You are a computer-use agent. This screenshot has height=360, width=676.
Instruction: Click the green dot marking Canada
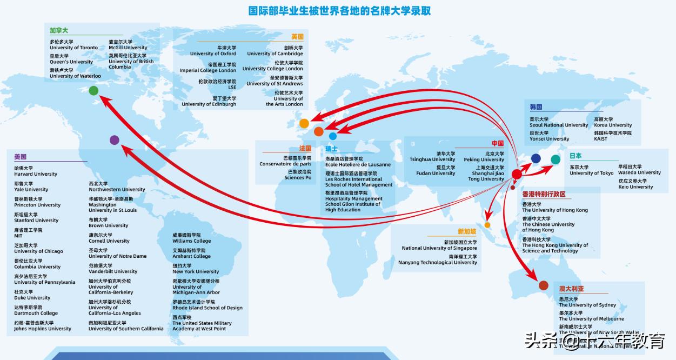[93, 91]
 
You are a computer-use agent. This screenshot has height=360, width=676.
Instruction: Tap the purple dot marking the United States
[115, 140]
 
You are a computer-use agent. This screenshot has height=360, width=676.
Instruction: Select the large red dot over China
[517, 174]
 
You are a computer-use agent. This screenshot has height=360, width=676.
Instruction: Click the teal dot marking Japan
[555, 159]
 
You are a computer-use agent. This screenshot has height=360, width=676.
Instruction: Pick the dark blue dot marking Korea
[536, 158]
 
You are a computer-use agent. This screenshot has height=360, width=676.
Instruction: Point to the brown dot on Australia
[544, 285]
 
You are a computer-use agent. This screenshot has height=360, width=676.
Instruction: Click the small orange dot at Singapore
[487, 225]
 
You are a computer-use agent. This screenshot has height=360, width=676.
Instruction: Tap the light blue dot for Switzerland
[333, 136]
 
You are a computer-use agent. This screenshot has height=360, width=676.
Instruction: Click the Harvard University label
[36, 174]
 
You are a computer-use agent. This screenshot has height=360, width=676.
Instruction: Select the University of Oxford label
[213, 54]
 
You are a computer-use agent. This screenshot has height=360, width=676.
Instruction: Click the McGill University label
[128, 48]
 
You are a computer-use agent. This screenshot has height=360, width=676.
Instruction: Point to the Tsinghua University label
[432, 159]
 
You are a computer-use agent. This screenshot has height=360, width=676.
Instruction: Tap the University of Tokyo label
[592, 173]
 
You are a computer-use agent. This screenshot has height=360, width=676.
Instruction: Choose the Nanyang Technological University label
[438, 262]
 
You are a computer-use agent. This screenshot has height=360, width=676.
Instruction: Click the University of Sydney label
[587, 305]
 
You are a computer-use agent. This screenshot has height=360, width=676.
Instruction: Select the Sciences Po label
[298, 177]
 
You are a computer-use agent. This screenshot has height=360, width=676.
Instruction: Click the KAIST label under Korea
[601, 139]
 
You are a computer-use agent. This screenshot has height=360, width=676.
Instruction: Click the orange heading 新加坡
[467, 231]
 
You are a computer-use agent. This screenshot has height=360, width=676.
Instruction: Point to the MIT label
[19, 236]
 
